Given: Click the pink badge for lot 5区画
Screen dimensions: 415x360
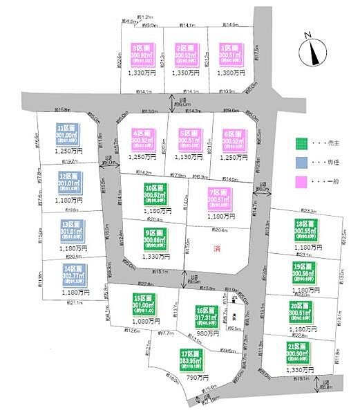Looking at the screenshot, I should tap(187, 140).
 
